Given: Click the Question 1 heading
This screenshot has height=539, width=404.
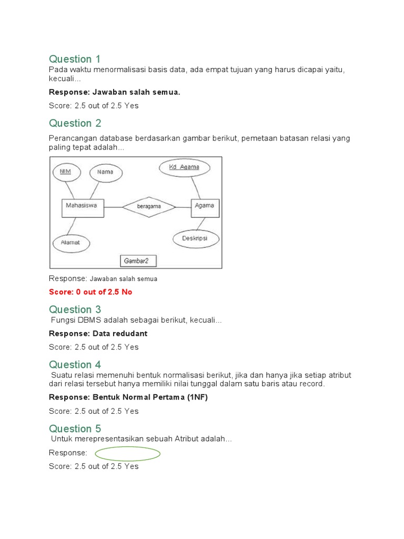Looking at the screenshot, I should pyautogui.click(x=75, y=58).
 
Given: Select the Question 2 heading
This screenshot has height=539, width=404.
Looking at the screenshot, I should pyautogui.click(x=75, y=123).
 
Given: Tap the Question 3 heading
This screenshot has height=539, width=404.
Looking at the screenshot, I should pyautogui.click(x=75, y=309).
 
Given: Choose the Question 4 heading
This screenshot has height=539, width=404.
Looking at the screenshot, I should pyautogui.click(x=75, y=364).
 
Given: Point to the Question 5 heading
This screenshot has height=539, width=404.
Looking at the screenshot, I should pyautogui.click(x=75, y=428).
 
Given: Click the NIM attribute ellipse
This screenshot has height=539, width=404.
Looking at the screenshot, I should pyautogui.click(x=66, y=172).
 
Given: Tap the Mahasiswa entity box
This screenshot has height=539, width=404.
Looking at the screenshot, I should pyautogui.click(x=83, y=207).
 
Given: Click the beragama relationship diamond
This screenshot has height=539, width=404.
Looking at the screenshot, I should pyautogui.click(x=149, y=207).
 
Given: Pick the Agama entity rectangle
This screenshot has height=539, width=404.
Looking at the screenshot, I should pyautogui.click(x=205, y=207).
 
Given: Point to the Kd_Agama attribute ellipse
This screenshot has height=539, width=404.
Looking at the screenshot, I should pyautogui.click(x=185, y=168).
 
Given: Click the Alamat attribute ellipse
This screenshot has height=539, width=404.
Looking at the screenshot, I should pyautogui.click(x=71, y=243).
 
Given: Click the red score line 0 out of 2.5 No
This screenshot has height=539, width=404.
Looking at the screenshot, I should pyautogui.click(x=90, y=292).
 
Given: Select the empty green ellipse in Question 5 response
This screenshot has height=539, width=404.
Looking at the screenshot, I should pyautogui.click(x=127, y=454).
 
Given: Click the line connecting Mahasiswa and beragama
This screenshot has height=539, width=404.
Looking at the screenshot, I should pyautogui.click(x=113, y=207).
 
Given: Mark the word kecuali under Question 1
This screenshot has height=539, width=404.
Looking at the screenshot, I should pyautogui.click(x=64, y=79).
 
